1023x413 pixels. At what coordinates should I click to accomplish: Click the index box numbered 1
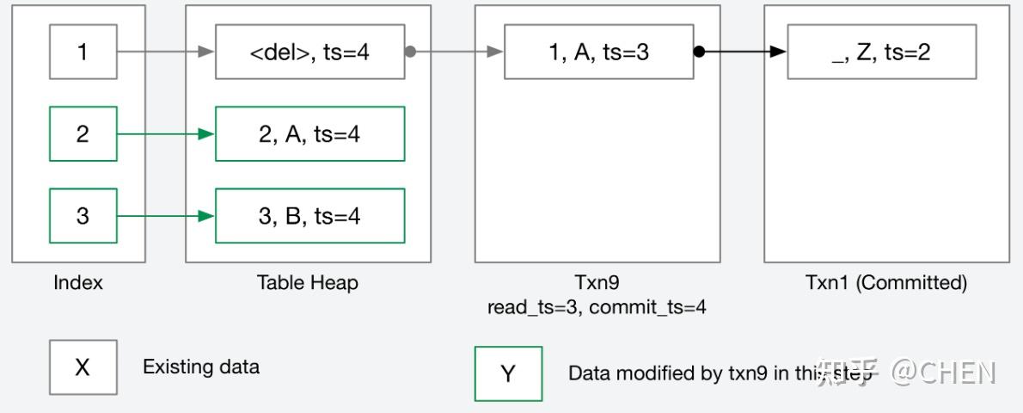83,52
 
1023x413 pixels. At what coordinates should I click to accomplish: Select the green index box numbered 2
83,133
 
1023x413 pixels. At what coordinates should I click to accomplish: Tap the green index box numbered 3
83,215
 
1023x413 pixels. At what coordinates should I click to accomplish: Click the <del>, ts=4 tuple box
309,52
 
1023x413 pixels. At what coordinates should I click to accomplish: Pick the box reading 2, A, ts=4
309,133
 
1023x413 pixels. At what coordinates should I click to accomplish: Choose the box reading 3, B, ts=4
309,215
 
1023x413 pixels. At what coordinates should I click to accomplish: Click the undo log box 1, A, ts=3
598,52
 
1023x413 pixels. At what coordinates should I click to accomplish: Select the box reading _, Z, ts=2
881,52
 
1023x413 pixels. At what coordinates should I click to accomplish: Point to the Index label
78,282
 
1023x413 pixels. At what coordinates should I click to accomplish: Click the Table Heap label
307,282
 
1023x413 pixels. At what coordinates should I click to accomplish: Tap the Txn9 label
597,282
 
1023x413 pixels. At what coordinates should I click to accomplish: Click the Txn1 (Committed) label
885,282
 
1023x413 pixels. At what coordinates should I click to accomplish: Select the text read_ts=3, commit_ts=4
597,307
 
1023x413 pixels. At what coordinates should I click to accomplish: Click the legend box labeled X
83,367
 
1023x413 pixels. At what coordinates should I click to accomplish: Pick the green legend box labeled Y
508,373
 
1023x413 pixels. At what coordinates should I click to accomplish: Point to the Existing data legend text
200,367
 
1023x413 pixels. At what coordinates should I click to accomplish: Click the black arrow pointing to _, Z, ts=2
744,52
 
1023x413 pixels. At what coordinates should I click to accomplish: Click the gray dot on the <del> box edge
410,52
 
